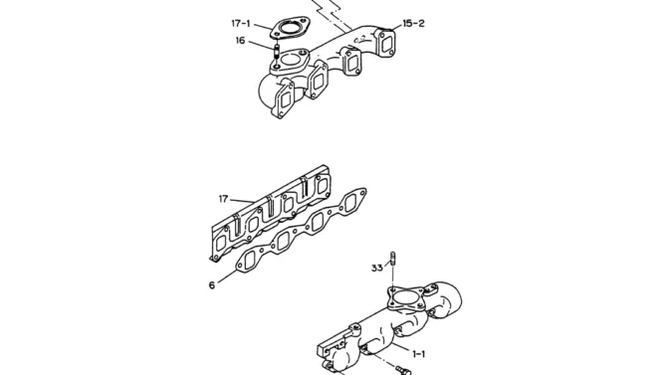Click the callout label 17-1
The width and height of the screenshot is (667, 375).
[241, 23]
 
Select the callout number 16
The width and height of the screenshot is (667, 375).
[240, 41]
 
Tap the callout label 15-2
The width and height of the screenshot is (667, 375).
[413, 24]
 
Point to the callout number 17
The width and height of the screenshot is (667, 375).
[223, 199]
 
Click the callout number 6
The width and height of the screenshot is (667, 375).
[212, 285]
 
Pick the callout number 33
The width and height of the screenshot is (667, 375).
[377, 268]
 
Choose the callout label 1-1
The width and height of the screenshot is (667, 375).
[418, 354]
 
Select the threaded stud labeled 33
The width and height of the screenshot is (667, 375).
[392, 260]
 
